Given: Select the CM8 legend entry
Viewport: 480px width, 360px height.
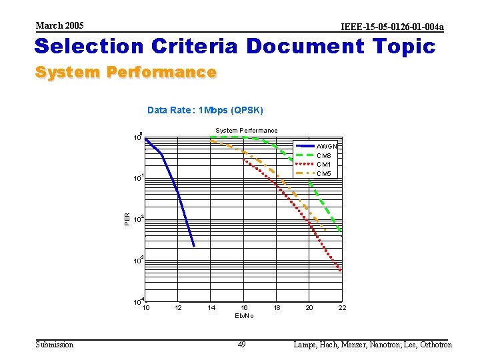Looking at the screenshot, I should pos(324,155).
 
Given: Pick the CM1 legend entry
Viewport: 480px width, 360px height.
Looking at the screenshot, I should pos(324,164).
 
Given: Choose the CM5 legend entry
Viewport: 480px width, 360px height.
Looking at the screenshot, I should pos(324,173).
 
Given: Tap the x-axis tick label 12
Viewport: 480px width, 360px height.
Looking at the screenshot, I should pos(178,307).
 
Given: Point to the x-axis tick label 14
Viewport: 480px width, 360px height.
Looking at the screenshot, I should pos(211,307).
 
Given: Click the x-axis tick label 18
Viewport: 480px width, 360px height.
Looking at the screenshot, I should pos(277,307).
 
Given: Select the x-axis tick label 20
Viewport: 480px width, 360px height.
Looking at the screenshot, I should pos(309,307).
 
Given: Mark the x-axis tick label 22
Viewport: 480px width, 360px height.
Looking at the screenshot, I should pos(342,307).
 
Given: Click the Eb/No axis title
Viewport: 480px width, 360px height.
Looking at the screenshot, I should pos(244,315).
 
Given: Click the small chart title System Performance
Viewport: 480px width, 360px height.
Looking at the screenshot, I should pos(246,131).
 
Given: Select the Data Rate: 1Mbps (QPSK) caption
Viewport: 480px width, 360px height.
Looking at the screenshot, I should pos(205,110).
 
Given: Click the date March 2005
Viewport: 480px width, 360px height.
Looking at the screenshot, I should pos(60,25).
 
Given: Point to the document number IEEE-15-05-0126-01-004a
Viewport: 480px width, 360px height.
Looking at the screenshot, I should pos(392,27).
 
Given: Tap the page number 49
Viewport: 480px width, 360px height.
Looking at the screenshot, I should pos(243,344).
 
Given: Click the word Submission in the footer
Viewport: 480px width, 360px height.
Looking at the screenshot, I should pos(55,344).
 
